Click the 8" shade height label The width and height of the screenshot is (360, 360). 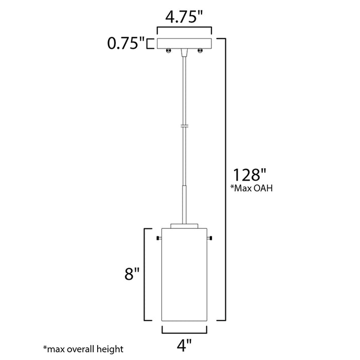[x=132, y=274]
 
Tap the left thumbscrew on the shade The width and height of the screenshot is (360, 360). [x=158, y=238]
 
